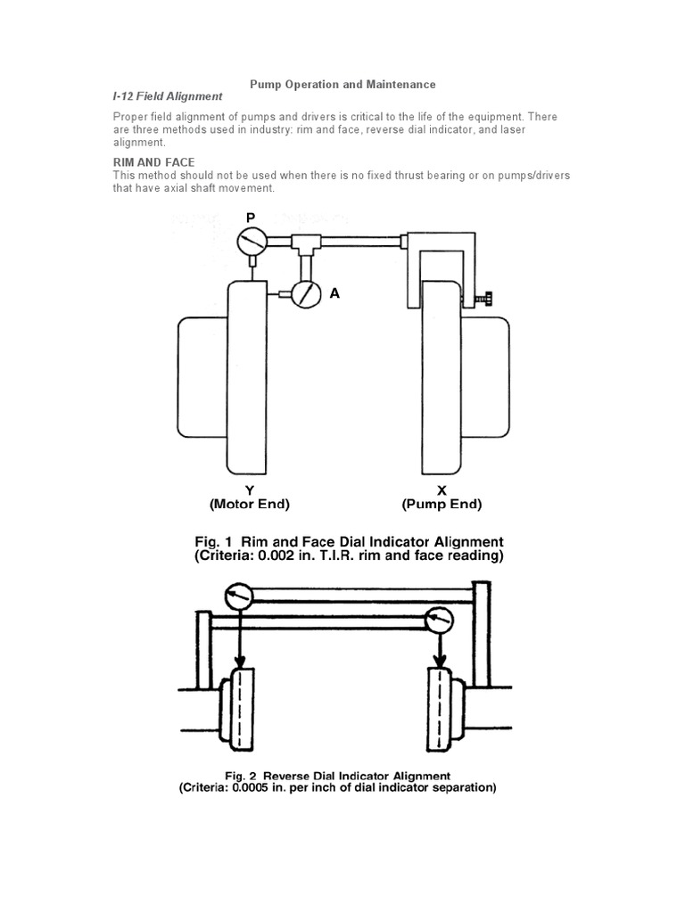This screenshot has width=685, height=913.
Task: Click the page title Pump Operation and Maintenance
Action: (342, 84)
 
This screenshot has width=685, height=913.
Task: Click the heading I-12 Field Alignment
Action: (167, 96)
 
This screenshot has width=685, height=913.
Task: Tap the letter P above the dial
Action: (250, 218)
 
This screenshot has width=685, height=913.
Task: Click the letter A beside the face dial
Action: (334, 292)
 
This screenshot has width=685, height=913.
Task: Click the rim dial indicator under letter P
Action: (252, 241)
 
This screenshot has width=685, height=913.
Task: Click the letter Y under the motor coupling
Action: (250, 489)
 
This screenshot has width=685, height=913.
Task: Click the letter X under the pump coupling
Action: (442, 489)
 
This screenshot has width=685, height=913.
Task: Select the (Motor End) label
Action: (250, 504)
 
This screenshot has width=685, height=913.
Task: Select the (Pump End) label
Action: (442, 504)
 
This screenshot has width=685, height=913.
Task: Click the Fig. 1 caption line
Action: (349, 542)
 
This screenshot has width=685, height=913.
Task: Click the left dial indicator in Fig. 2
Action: (239, 596)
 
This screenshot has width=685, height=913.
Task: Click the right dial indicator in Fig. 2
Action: (440, 620)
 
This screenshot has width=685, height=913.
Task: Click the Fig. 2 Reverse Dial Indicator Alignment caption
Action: (349, 775)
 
